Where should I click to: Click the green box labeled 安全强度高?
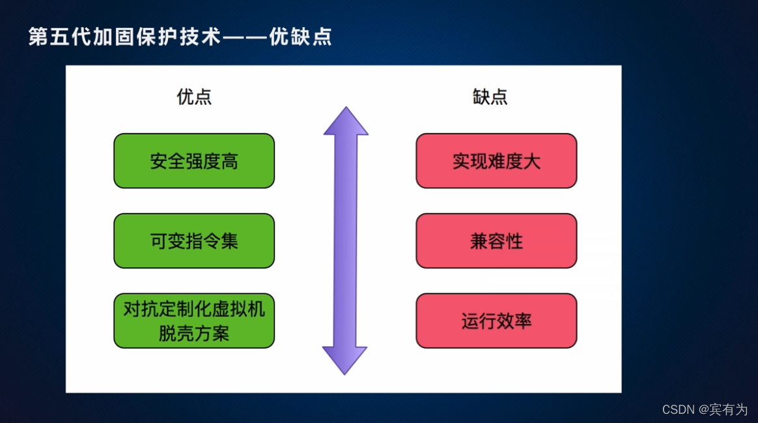pos(194,161)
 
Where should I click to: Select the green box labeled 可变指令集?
pos(194,241)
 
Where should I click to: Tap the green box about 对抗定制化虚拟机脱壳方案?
pos(194,321)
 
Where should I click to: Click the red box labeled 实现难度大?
pos(496,161)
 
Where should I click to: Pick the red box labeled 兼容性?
pos(496,241)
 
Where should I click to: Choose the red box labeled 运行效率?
pos(496,321)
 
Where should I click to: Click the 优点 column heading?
pos(194,97)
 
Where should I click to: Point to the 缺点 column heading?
pos(490,97)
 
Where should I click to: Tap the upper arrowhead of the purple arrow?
pos(346,123)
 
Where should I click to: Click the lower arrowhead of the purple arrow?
pos(345,360)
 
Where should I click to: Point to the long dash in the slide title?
pos(245,37)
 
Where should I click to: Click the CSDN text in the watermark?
pos(679,410)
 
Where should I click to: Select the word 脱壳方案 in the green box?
pos(194,334)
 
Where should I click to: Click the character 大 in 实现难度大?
pos(532,162)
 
